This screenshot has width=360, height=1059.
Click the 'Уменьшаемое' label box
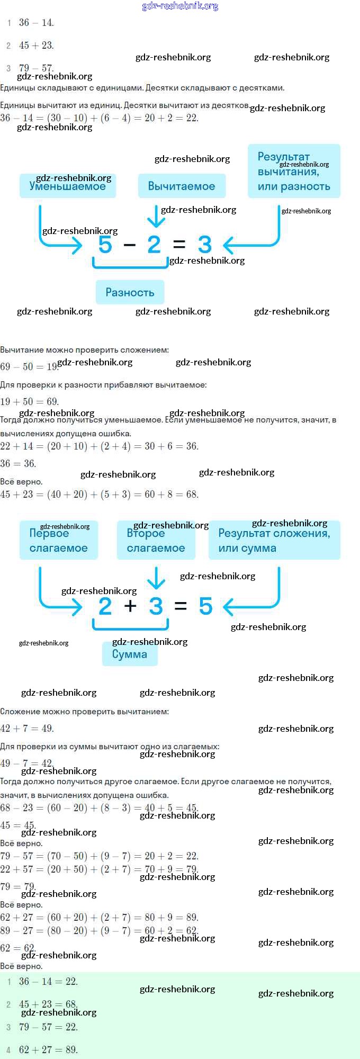68,186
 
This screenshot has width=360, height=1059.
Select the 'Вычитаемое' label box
182,186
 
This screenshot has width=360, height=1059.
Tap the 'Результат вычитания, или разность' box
294,171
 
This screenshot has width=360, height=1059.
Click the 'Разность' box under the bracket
130,292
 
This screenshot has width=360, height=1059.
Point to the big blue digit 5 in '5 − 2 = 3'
105,245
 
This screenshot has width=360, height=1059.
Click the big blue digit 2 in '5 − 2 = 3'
154,245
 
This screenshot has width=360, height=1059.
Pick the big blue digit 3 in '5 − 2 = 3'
205,245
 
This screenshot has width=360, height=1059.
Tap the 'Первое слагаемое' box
59,540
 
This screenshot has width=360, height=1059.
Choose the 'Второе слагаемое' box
156,540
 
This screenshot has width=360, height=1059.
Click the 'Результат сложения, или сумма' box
274,540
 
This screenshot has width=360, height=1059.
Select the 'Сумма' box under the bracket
130,654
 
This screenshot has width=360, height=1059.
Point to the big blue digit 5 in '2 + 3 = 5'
205,606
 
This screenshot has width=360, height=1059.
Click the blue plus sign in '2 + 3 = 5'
130,606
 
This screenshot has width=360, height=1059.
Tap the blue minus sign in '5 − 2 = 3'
129,245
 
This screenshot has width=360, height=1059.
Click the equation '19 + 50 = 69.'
30,401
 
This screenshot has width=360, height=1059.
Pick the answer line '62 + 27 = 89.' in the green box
48,1049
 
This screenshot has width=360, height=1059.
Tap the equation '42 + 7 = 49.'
27,728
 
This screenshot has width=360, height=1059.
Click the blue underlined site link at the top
180,6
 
